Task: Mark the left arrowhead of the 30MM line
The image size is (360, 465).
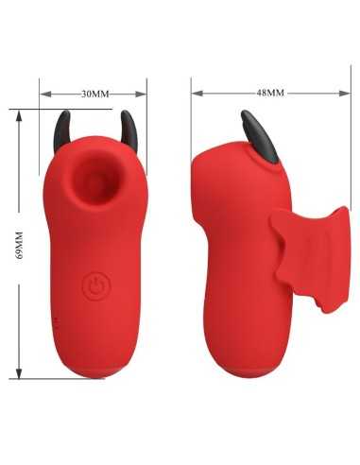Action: coord(43,94)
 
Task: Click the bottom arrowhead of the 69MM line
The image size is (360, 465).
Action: coord(22,375)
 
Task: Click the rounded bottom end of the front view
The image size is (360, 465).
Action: coord(94,373)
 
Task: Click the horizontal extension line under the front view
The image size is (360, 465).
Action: coord(57,379)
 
